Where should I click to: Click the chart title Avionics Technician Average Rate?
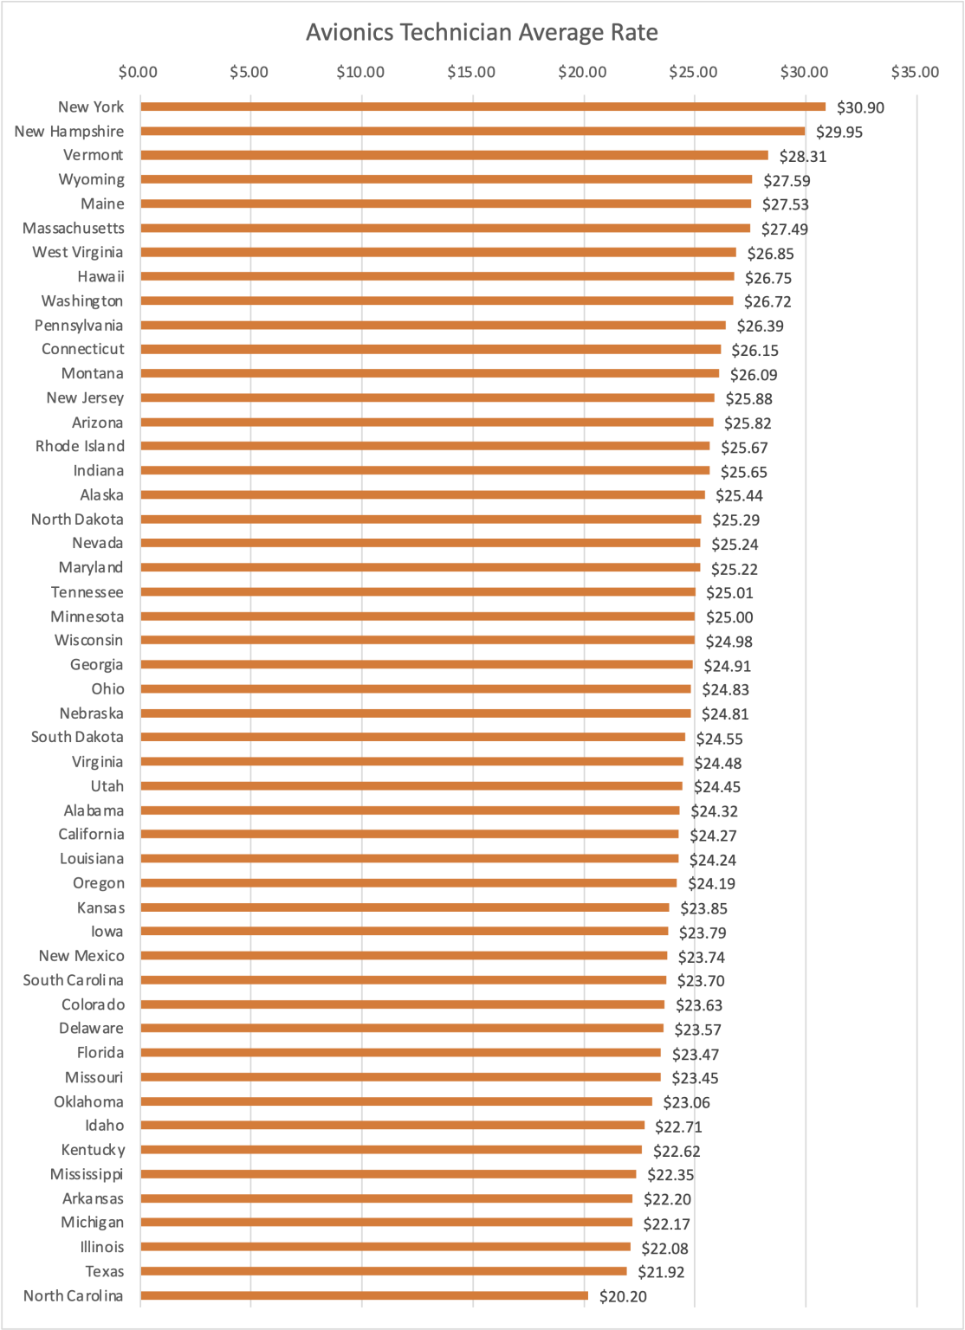coord(482,33)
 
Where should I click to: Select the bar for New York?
coord(482,107)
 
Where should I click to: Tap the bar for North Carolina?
coord(364,1295)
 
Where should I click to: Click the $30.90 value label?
coord(860,108)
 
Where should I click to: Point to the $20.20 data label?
coord(623,1296)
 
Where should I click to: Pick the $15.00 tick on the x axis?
coord(471,72)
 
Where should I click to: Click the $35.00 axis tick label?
coord(915,72)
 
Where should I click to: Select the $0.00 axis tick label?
coord(139,72)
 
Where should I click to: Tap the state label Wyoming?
coord(91,179)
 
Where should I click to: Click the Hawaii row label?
coord(100,276)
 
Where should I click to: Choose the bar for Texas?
coord(383,1271)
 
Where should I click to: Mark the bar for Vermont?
coord(454,155)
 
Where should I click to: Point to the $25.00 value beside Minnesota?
coord(729,617)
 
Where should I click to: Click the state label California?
coord(91,834)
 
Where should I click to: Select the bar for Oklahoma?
coord(396,1101)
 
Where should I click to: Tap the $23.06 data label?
coord(686,1102)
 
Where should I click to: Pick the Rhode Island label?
coord(80,446)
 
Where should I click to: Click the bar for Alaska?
coord(423,494)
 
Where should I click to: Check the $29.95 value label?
coord(839,132)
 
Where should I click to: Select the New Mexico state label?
coord(81,955)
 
